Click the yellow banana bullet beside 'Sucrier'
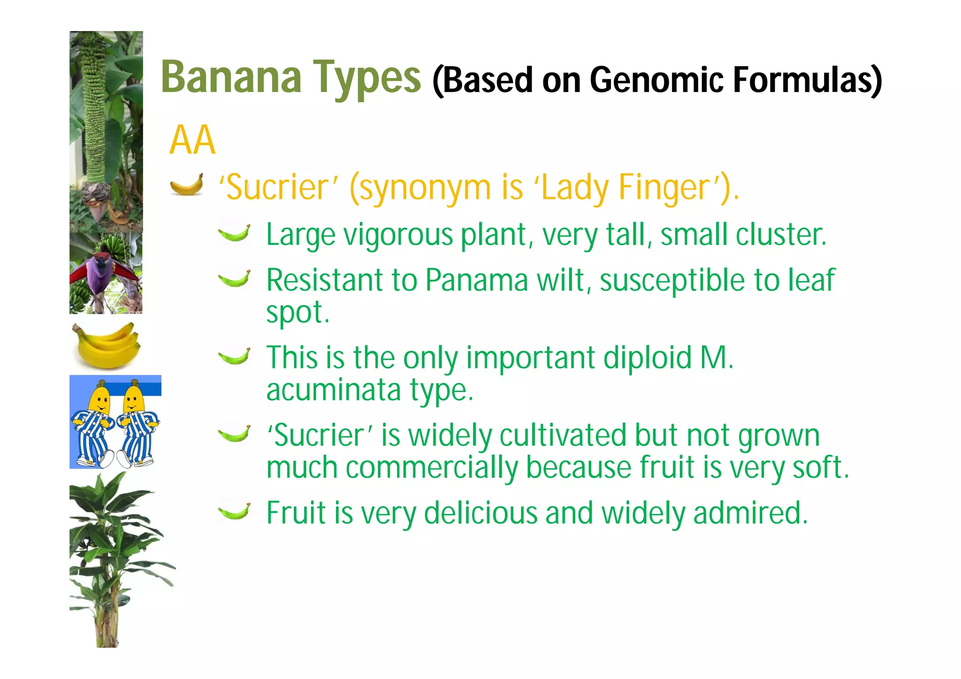click(x=187, y=184)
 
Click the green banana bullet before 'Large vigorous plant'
click(x=234, y=233)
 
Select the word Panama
click(x=477, y=280)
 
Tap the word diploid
click(x=648, y=358)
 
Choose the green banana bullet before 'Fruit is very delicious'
click(x=234, y=511)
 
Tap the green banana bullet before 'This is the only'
click(x=234, y=357)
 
